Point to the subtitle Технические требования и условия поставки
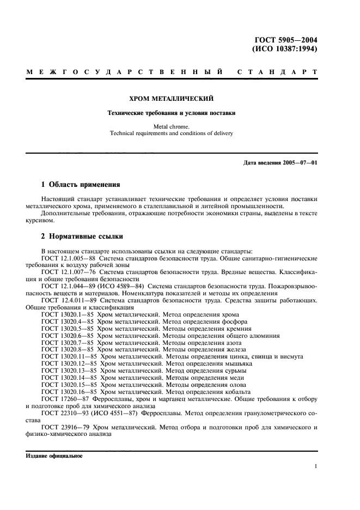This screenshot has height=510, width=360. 170,113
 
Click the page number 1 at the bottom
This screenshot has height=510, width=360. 316,466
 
